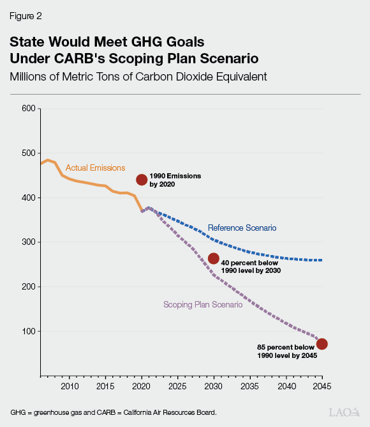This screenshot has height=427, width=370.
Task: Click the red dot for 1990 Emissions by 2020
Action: click(142, 180)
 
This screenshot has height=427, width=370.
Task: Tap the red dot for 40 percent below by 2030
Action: click(214, 259)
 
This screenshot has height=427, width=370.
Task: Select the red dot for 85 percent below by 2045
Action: click(322, 344)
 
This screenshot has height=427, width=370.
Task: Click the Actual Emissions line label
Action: click(95, 168)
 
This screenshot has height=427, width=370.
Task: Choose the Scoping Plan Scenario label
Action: click(202, 305)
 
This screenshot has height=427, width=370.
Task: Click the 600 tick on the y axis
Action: click(27, 109)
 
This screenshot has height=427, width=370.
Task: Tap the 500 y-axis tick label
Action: click(27, 153)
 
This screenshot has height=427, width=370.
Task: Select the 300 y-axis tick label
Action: click(27, 242)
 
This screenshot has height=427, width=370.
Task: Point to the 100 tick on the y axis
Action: click(27, 331)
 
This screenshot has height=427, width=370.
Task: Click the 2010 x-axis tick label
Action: click(70, 387)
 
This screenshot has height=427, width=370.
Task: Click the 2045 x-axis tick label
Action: click(322, 387)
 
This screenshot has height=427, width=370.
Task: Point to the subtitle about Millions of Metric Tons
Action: click(138, 77)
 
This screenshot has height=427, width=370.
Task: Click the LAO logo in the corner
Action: click(344, 412)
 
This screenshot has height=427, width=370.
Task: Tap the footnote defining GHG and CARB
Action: click(114, 412)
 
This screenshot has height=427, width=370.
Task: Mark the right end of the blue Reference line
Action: click(322, 260)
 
